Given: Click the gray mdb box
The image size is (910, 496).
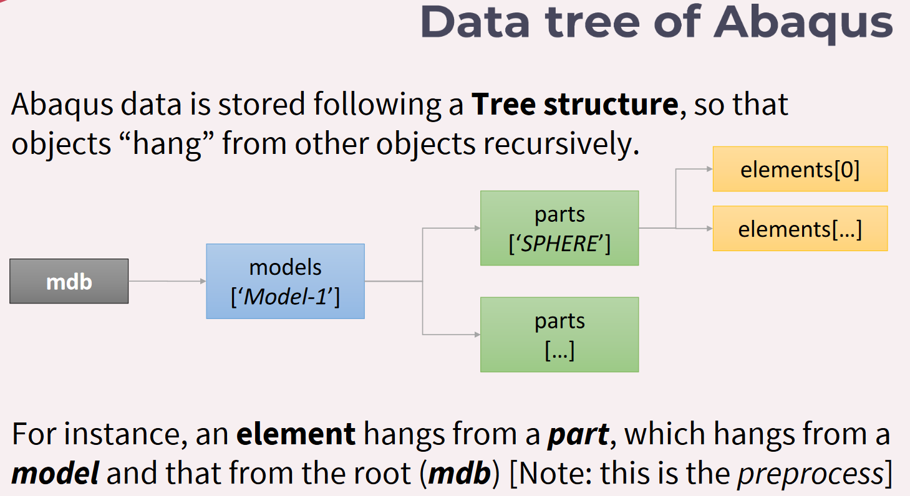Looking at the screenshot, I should [x=69, y=281].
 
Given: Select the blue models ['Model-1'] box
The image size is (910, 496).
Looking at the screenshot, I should [x=285, y=281].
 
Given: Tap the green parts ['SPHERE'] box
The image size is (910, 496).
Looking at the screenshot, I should [x=559, y=228].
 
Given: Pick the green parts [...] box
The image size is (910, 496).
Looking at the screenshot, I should [x=559, y=335].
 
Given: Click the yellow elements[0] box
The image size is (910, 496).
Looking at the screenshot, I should [x=800, y=169].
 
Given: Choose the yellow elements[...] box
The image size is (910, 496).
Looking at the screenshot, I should [x=800, y=229].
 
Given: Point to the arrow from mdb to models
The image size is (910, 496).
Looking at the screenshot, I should [x=167, y=281].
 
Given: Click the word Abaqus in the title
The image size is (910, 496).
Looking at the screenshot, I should [x=804, y=22].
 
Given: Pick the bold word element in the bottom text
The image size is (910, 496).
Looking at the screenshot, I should [x=296, y=434].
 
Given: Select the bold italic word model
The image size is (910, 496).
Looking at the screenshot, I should [x=55, y=474].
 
